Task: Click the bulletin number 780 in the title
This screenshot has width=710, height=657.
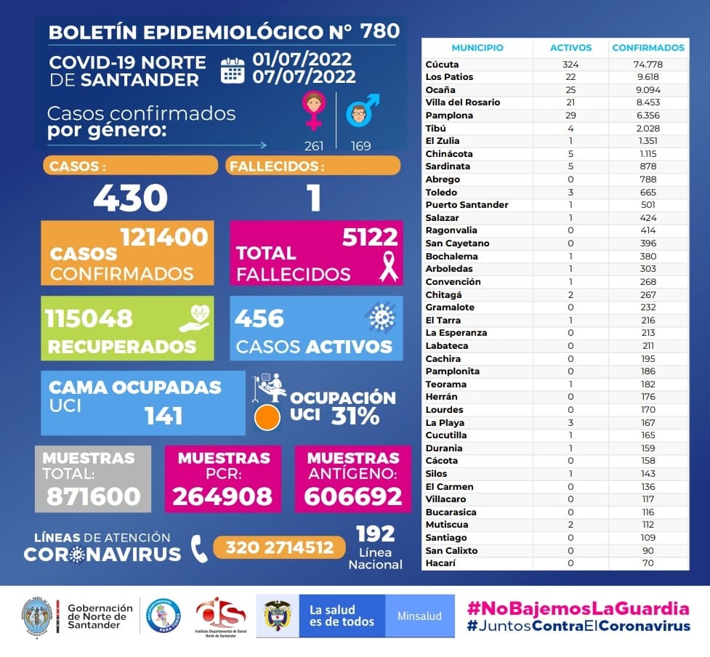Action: pos(379,31)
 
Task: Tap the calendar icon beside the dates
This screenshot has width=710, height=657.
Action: pos(233,70)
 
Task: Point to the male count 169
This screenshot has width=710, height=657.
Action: pos(360,146)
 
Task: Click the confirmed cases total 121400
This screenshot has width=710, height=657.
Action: pos(164,237)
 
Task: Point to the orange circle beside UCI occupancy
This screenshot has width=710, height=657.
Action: pos(267,417)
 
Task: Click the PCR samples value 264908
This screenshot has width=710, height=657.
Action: pos(223,496)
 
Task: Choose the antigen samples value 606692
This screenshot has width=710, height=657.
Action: pos(352,496)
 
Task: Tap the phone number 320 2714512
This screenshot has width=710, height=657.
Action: pos(280,547)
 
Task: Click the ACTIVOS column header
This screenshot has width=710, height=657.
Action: pos(570,48)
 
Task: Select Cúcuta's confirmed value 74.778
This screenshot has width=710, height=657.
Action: pos(648,64)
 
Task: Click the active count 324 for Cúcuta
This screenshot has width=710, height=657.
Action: pos(570,64)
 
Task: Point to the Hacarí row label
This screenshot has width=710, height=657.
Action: pos(440,563)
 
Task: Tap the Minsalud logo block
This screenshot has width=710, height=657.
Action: pos(419,616)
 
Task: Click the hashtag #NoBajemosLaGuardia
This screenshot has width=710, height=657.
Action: pos(578,608)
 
